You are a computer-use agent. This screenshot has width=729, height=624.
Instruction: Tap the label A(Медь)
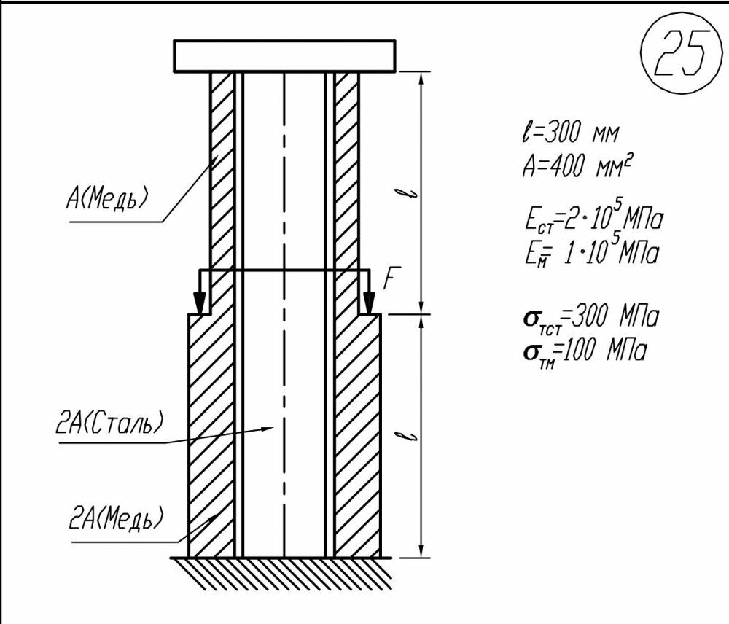coord(107,197)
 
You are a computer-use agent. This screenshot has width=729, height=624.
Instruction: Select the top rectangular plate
coord(284,56)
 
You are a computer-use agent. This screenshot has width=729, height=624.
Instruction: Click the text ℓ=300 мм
coord(566,134)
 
